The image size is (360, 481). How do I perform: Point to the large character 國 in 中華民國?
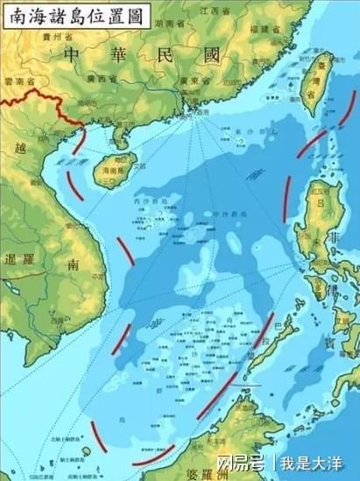211,56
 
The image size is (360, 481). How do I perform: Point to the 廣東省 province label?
192,81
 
